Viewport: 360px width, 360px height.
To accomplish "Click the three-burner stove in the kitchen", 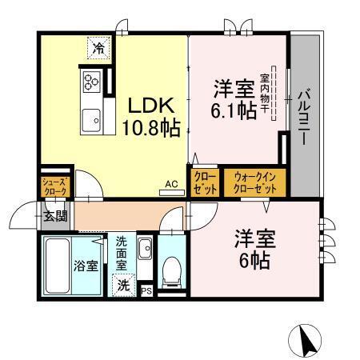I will tap(90, 82).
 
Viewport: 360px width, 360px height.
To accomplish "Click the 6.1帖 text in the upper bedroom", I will tap(234, 110).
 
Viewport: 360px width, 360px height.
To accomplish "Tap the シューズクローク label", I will tap(56, 186).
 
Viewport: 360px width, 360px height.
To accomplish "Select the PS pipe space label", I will tap(146, 292).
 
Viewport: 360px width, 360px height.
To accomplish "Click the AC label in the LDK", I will tap(171, 185).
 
